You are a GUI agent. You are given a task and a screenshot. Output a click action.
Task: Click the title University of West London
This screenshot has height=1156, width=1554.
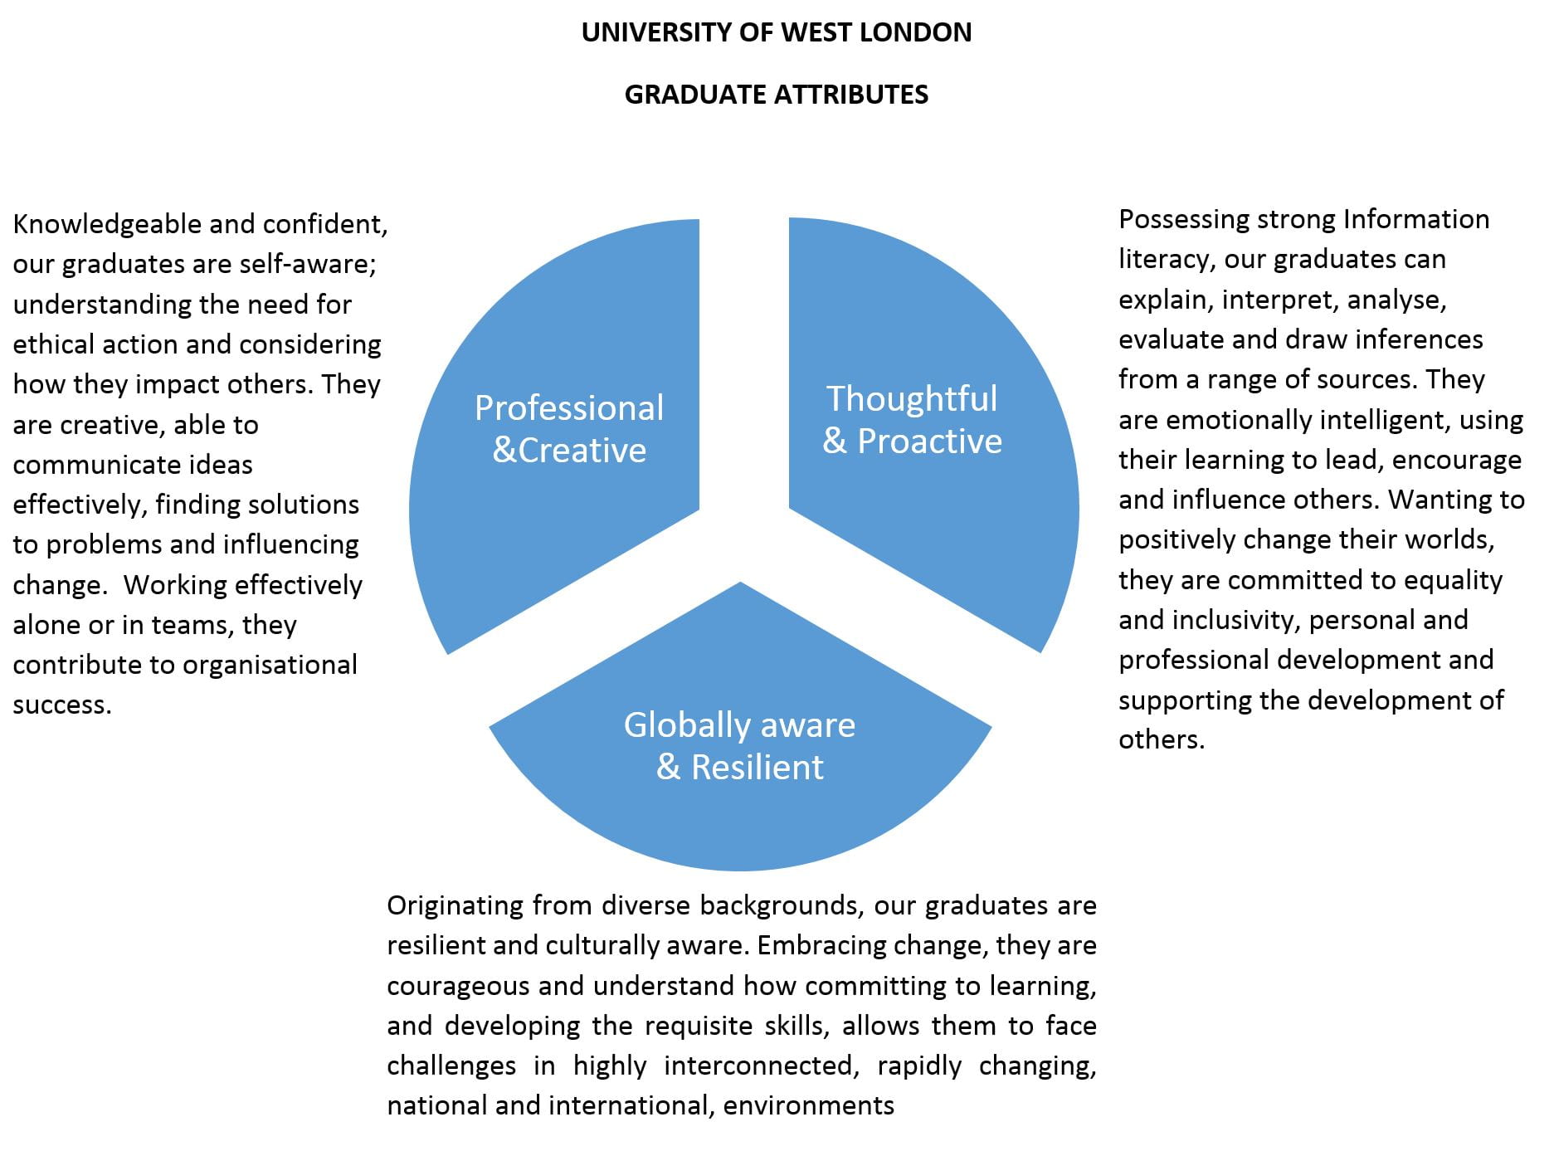(776, 32)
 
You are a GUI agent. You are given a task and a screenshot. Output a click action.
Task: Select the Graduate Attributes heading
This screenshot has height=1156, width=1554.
(776, 95)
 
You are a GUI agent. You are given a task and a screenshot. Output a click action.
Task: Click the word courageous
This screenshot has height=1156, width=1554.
(458, 986)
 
